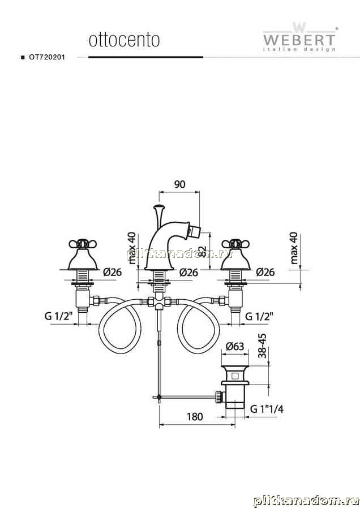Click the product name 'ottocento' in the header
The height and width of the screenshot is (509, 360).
pos(124,40)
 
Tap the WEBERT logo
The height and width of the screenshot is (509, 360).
pos(299,37)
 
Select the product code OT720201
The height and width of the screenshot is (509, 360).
pos(47,57)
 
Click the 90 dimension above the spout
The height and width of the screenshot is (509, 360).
pos(179,184)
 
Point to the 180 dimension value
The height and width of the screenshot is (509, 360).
pos(195,416)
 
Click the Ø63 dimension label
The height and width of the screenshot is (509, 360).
pos(234,346)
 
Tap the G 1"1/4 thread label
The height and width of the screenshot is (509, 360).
pos(267,409)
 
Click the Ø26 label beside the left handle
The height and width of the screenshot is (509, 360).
pos(113,271)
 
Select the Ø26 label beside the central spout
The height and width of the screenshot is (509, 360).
pos(188,272)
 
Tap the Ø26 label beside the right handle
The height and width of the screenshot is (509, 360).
pos(265,271)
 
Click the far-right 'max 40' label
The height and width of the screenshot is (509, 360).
pos(294,248)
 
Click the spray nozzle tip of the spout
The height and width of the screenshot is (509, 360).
pos(196,231)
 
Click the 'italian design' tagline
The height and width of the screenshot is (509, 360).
pos(299,49)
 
